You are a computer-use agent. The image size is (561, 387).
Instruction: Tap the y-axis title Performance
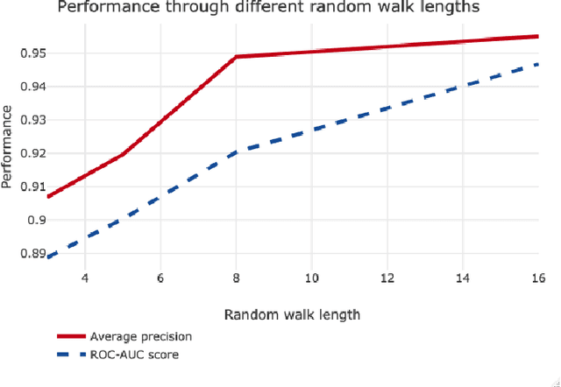8,147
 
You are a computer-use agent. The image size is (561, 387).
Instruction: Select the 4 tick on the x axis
85,278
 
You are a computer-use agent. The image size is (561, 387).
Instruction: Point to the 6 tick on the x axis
160,278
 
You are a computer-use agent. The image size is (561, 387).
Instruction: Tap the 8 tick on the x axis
236,278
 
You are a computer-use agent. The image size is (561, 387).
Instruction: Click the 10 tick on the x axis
311,278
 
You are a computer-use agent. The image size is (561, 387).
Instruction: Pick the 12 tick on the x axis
387,278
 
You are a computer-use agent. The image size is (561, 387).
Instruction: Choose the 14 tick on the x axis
462,278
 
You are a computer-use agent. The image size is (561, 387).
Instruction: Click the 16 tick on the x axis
537,278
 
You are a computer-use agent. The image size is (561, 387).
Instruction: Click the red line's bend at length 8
236,57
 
